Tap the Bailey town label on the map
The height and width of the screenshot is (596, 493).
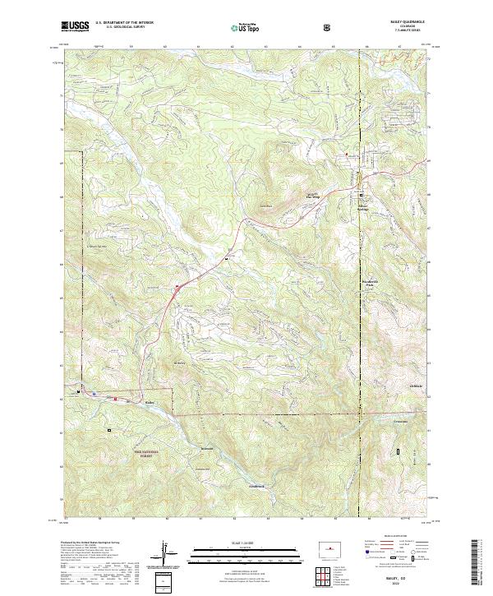point(150,403)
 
